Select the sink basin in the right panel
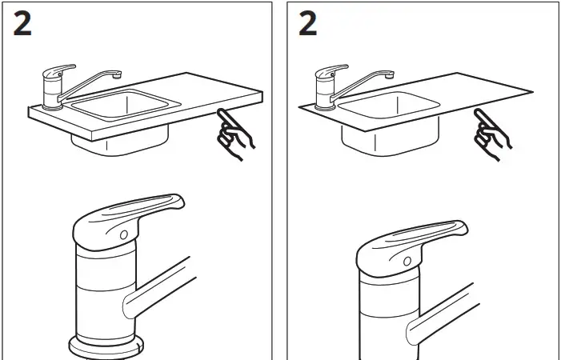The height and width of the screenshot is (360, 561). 392,107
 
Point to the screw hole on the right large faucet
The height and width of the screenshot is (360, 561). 407,261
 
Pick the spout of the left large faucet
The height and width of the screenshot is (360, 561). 164,288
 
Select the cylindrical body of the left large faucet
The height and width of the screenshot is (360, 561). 104,288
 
